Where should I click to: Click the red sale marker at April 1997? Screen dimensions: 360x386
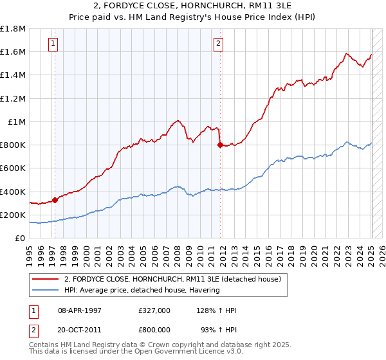55,200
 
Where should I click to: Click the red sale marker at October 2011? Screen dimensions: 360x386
220,145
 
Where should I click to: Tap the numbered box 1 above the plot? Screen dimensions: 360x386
52,44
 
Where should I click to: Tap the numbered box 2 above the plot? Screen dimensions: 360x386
219,44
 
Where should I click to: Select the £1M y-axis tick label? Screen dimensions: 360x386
17,122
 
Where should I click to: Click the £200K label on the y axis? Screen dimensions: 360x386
14,215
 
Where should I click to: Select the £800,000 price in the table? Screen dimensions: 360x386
154,329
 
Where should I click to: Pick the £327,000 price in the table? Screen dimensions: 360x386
154,310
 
